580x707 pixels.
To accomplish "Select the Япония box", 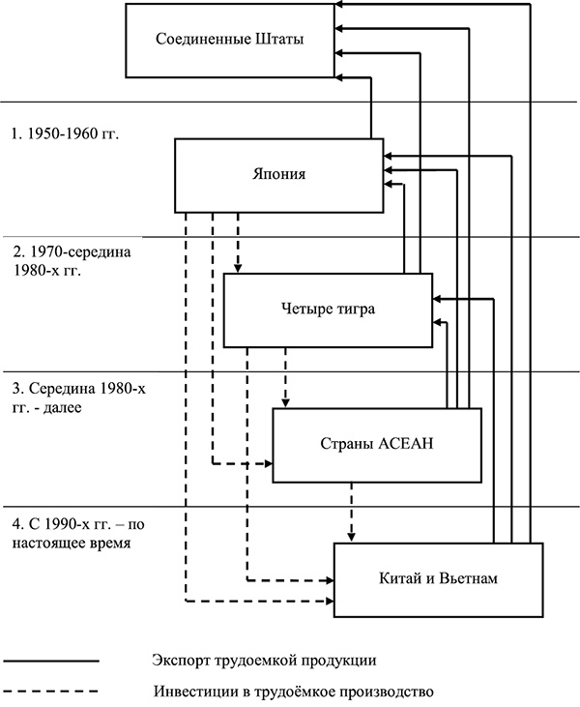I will coord(276,174).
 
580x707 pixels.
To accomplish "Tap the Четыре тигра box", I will coord(326,309).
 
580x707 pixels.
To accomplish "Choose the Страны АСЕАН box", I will coord(375,444).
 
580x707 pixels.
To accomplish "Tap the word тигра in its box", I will coord(354,309).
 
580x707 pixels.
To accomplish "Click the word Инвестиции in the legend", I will coord(188,692).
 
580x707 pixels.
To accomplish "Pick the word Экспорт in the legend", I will coord(179,661).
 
